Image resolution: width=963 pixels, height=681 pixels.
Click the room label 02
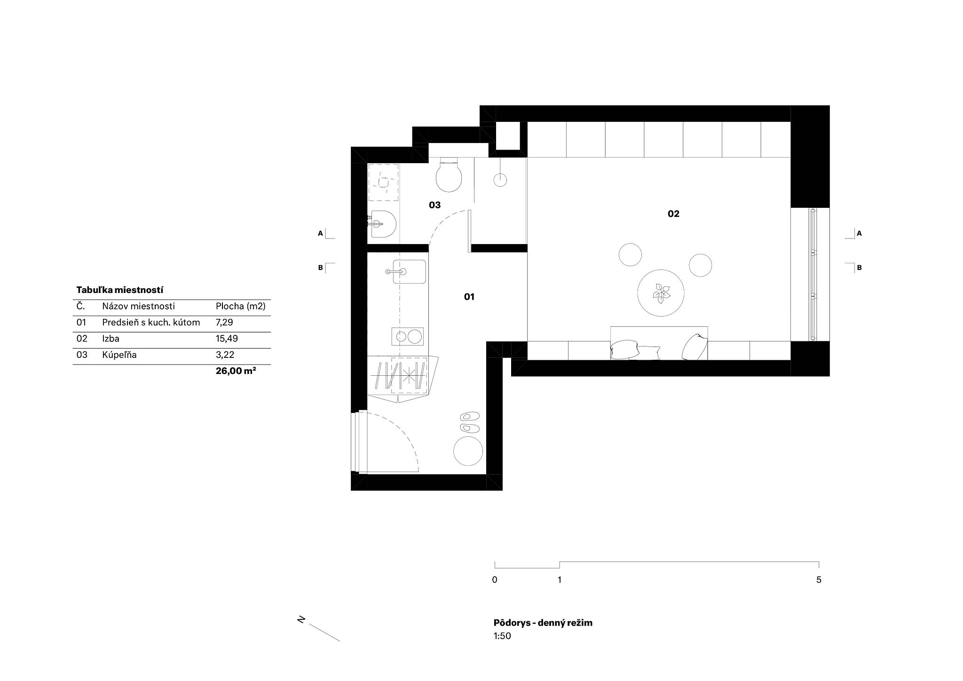673,214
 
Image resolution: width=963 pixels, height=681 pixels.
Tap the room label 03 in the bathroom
434,205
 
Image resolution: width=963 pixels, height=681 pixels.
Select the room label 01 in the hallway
469,297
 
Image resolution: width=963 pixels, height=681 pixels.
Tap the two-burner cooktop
407,336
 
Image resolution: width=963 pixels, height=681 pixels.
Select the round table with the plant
661,293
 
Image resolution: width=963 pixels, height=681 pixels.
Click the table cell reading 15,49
227,339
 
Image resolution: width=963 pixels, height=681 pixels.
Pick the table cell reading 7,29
224,323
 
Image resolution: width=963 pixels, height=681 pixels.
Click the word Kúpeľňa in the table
119,355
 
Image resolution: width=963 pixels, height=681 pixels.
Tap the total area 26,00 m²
236,371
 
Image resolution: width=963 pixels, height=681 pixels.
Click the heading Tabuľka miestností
120,290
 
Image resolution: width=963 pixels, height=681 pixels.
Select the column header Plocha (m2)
241,307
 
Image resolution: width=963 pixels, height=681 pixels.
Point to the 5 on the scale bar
819,580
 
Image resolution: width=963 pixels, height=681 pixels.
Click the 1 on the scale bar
560,580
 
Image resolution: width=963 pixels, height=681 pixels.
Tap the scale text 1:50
502,636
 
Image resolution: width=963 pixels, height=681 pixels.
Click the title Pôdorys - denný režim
543,623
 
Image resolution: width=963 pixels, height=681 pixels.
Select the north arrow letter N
301,619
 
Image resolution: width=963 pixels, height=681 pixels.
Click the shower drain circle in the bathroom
500,179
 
